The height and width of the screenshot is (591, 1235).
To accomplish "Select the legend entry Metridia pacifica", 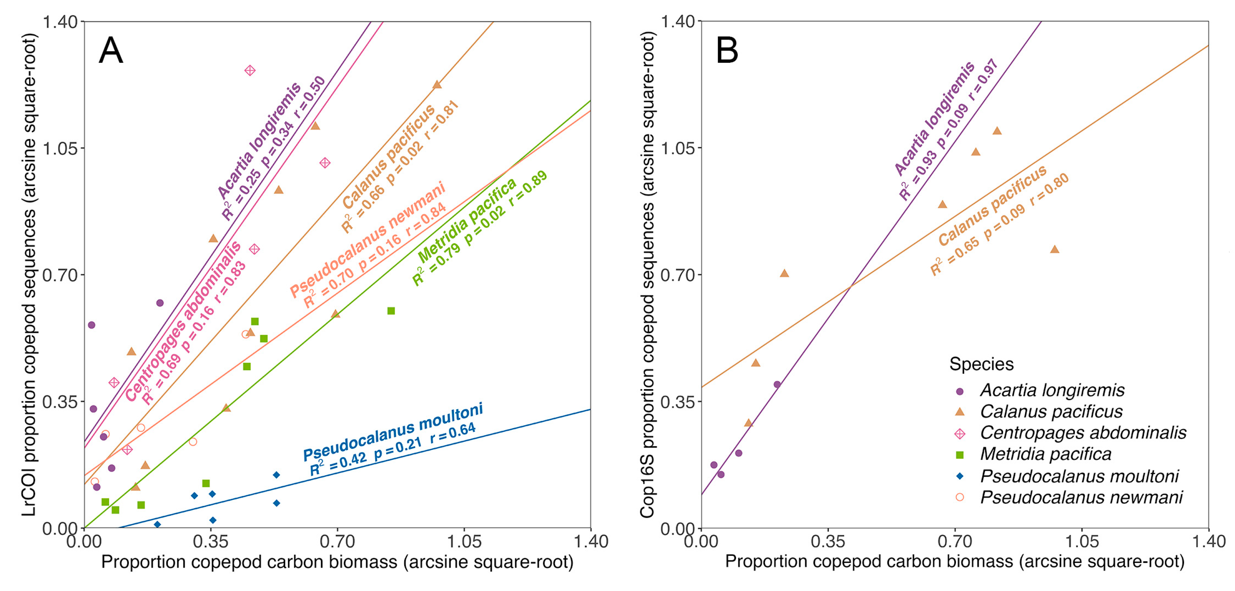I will click(1045, 454).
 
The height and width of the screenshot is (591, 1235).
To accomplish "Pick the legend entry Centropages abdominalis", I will click(1082, 432).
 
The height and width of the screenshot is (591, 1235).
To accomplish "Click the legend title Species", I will click(981, 364).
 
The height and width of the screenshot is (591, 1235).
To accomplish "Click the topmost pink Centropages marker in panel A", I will click(250, 70).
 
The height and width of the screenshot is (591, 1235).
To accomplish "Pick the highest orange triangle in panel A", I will click(437, 85).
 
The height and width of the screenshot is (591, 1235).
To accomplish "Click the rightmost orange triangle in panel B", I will click(1054, 249).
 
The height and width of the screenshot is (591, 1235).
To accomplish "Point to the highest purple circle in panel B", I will click(777, 384).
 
